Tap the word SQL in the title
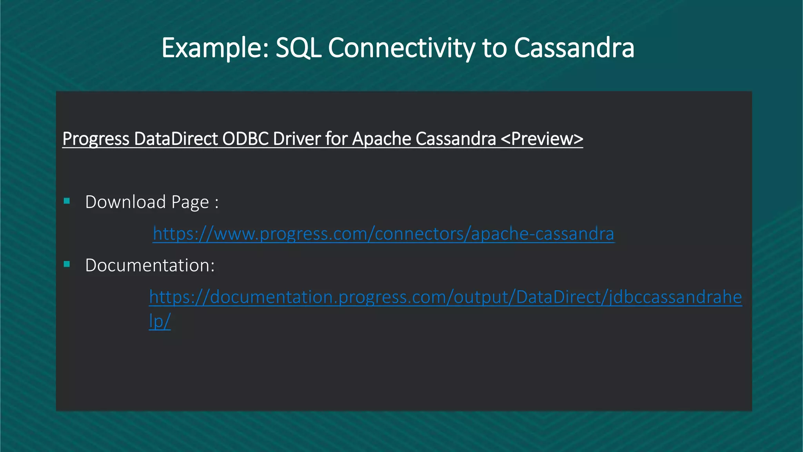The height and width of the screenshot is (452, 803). [298, 48]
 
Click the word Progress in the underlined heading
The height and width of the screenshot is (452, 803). [96, 139]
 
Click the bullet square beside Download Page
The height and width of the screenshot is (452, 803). [67, 201]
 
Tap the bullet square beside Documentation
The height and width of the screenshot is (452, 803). [67, 264]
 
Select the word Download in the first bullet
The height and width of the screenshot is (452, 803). [125, 202]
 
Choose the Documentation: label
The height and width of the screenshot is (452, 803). [150, 265]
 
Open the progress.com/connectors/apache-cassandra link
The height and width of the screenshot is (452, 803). [383, 234]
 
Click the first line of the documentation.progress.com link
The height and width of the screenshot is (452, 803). [445, 297]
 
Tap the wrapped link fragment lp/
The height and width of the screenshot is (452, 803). [160, 321]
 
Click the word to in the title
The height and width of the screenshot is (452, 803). [494, 48]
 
